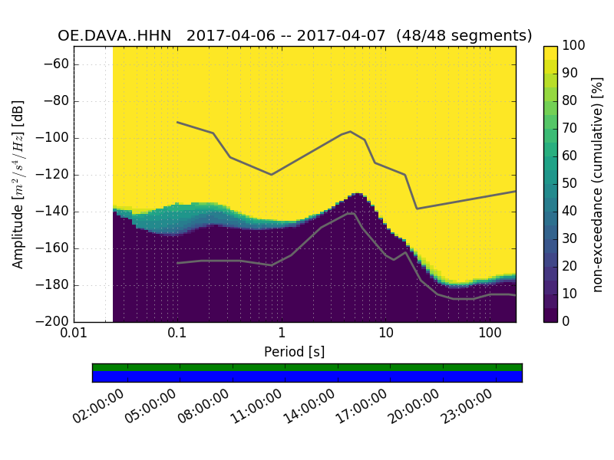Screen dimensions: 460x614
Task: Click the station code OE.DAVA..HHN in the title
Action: (x=114, y=36)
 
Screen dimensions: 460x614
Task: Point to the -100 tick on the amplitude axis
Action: (x=53, y=138)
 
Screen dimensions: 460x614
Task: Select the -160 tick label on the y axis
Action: (x=53, y=248)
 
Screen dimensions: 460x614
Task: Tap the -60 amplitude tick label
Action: (x=56, y=64)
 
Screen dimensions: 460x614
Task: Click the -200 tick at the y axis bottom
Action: (x=53, y=322)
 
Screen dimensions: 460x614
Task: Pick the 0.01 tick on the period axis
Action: (x=74, y=335)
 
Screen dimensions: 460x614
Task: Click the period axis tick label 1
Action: (x=282, y=335)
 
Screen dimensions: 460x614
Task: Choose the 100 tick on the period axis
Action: (x=490, y=335)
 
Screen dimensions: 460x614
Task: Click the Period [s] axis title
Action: (x=295, y=352)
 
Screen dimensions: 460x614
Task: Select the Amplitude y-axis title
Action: (x=18, y=184)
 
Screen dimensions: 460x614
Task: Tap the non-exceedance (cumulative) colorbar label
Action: (x=599, y=184)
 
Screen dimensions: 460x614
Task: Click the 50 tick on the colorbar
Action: (x=570, y=184)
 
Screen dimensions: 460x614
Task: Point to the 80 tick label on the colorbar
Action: (x=570, y=101)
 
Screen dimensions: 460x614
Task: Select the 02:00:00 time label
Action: (x=98, y=407)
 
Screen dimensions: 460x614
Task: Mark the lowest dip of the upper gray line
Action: (x=417, y=209)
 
